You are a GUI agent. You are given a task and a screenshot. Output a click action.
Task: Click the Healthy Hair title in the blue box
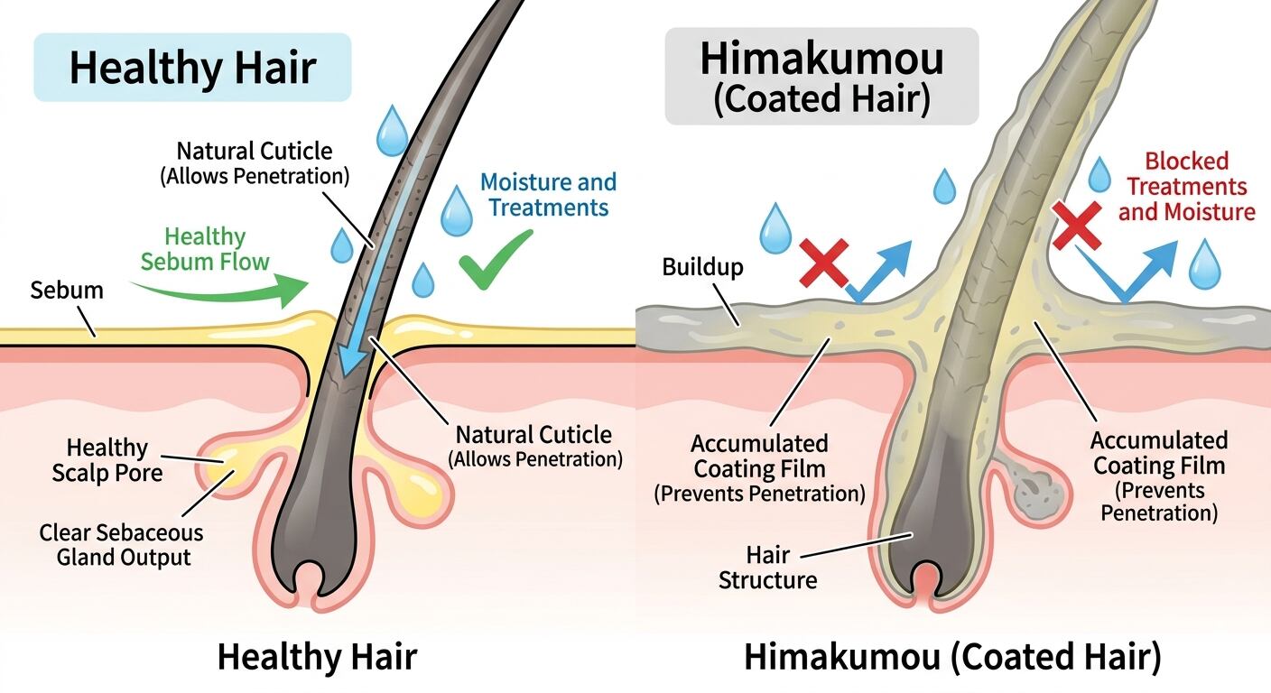(x=192, y=68)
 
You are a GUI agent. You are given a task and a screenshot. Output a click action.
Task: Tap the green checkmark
(x=496, y=259)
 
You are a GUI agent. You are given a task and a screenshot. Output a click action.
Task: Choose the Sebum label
(x=67, y=291)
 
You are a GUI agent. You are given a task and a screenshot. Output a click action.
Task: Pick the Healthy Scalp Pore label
(x=107, y=460)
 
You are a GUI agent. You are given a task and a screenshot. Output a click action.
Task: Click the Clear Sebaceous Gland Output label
(x=122, y=545)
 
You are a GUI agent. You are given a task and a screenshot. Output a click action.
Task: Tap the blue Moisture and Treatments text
(x=548, y=195)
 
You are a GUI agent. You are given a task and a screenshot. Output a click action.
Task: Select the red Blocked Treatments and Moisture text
(x=1186, y=187)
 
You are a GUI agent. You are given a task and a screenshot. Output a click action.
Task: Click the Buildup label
(x=702, y=266)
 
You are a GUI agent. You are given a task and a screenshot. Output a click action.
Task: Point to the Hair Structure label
(x=767, y=568)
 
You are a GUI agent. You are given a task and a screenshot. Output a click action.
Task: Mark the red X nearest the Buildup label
(x=824, y=263)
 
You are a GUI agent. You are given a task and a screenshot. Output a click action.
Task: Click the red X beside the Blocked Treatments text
(x=1077, y=226)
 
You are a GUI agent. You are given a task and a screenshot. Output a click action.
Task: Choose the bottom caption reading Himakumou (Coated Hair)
(x=952, y=657)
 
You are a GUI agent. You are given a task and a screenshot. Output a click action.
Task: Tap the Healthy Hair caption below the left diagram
(x=317, y=657)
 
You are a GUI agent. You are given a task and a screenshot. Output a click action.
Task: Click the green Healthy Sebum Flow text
(x=205, y=249)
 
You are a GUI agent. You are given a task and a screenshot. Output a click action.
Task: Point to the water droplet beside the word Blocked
(x=1099, y=175)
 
